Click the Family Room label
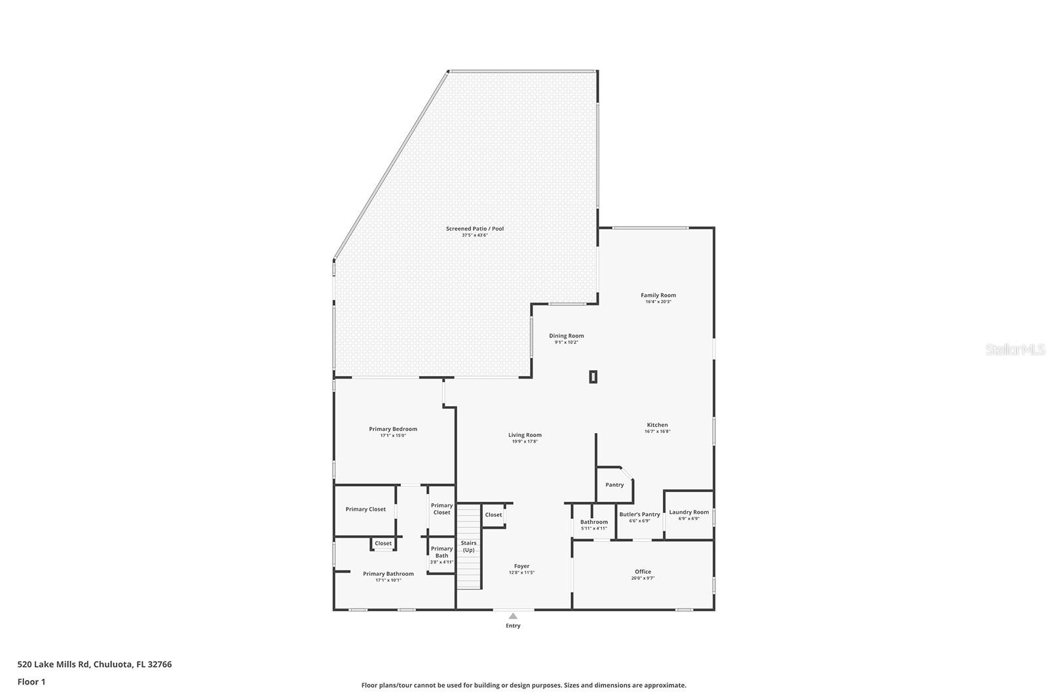[658, 295]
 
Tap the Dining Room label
[566, 336]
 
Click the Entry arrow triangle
[513, 616]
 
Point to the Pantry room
[614, 485]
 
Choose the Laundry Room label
[688, 512]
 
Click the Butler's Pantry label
[639, 514]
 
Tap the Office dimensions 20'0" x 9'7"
[643, 578]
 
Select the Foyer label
[521, 566]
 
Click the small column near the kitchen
[593, 377]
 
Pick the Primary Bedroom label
[393, 429]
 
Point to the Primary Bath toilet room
[441, 554]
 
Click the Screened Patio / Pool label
[475, 229]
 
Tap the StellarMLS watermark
[1015, 350]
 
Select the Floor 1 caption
[31, 682]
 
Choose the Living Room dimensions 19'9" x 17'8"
[525, 442]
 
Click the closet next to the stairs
[493, 515]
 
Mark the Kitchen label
[657, 425]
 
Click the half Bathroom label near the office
[593, 522]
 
